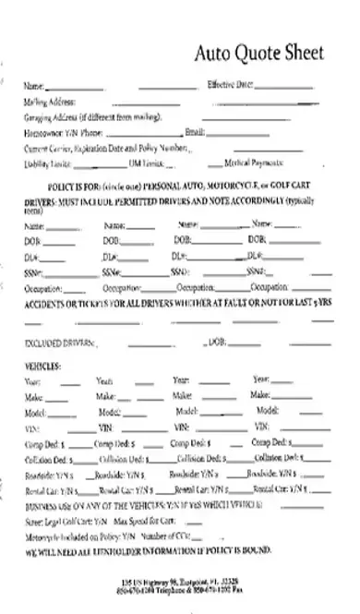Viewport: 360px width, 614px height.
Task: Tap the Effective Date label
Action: (x=230, y=85)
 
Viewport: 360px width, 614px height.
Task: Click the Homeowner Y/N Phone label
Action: (x=64, y=133)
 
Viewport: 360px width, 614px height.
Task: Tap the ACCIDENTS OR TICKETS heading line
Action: (x=166, y=304)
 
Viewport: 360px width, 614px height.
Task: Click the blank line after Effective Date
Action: (x=282, y=86)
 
